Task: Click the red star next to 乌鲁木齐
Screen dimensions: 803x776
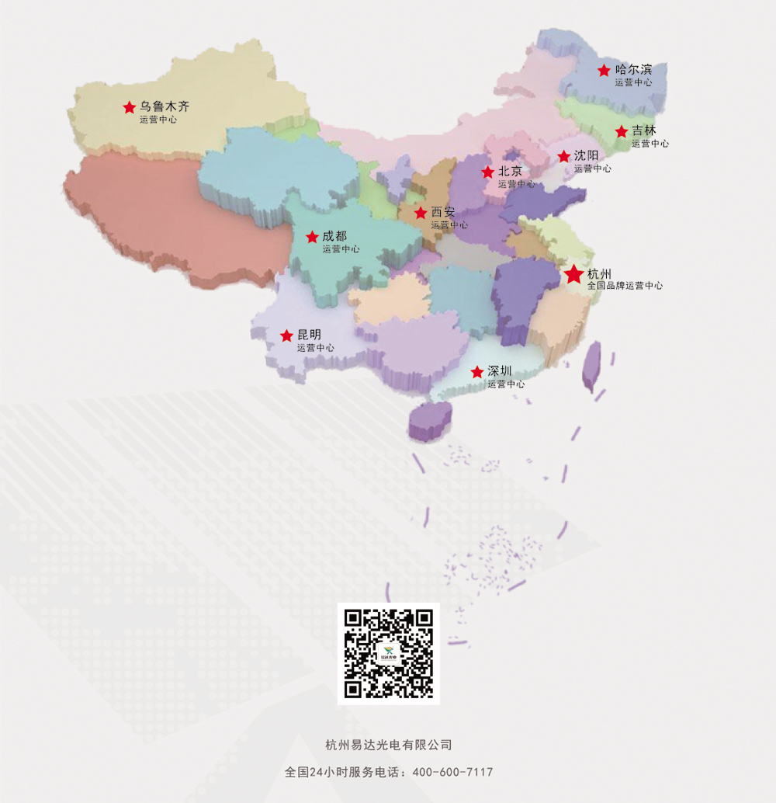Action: tap(129, 107)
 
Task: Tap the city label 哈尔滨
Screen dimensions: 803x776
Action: tap(633, 70)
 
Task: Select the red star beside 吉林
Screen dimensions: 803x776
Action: tap(621, 131)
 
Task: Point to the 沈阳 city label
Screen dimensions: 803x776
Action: tap(586, 155)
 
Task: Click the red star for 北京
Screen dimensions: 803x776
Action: tap(487, 172)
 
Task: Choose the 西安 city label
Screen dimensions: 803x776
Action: tap(443, 212)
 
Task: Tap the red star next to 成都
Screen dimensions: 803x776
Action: tap(312, 237)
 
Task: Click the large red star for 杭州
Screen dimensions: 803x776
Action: tap(573, 274)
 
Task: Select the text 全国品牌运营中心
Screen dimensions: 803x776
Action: tap(625, 286)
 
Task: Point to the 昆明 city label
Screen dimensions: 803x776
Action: tap(309, 334)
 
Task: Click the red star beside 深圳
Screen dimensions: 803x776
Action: tap(476, 372)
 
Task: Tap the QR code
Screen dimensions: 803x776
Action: tap(389, 653)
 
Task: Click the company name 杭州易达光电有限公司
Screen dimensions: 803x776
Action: tap(389, 745)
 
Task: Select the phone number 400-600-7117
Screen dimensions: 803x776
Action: tap(452, 772)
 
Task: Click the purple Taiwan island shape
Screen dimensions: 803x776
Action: tap(591, 367)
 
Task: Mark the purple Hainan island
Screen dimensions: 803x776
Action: tap(430, 420)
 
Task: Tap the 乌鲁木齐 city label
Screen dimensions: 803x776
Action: tap(165, 106)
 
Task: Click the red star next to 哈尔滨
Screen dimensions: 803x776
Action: tap(604, 70)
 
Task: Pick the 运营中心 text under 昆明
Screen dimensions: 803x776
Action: tap(316, 348)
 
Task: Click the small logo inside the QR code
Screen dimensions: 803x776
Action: tap(388, 653)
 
